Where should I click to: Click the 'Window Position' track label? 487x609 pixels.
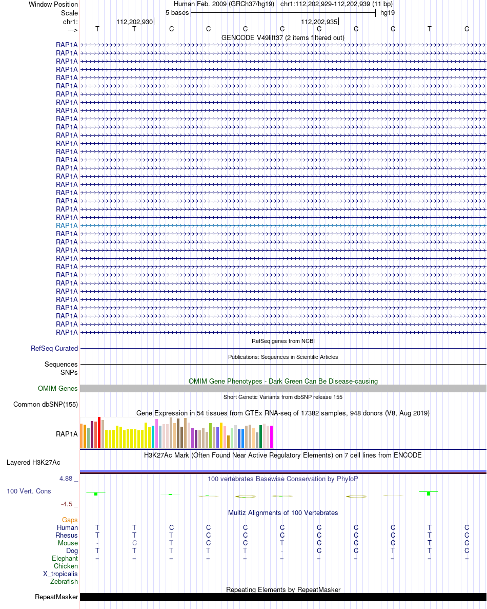pyautogui.click(x=53, y=4)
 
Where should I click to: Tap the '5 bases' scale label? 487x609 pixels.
pyautogui.click(x=177, y=13)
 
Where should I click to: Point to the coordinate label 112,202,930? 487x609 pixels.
pyautogui.click(x=134, y=22)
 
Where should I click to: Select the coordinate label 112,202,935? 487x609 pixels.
pyautogui.click(x=319, y=22)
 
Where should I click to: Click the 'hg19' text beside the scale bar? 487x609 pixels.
pyautogui.click(x=388, y=13)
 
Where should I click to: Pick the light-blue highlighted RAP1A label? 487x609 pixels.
pyautogui.click(x=67, y=225)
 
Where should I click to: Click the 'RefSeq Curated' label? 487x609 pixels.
pyautogui.click(x=54, y=348)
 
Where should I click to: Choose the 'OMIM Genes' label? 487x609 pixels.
pyautogui.click(x=58, y=388)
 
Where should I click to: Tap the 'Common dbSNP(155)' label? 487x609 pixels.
pyautogui.click(x=45, y=404)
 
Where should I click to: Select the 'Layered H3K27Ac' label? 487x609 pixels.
pyautogui.click(x=33, y=463)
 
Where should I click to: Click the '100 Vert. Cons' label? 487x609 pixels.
pyautogui.click(x=29, y=491)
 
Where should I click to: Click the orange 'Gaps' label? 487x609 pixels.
pyautogui.click(x=70, y=520)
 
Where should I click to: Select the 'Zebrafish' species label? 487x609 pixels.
pyautogui.click(x=64, y=581)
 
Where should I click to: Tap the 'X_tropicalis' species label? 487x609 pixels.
pyautogui.click(x=60, y=574)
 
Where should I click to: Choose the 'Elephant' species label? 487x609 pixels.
pyautogui.click(x=65, y=559)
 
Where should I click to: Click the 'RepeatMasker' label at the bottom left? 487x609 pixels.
pyautogui.click(x=56, y=597)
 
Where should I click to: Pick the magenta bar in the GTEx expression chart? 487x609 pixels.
pyautogui.click(x=271, y=437)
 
